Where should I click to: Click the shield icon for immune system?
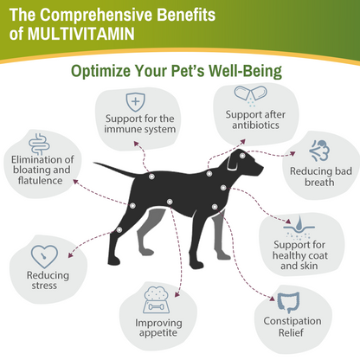135,100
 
